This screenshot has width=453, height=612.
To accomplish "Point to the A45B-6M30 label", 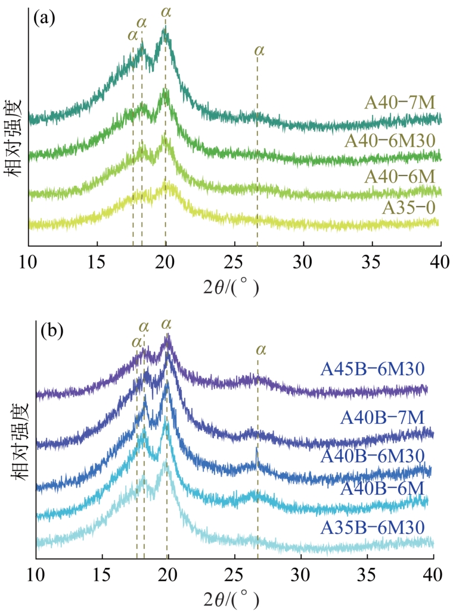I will click(377, 369).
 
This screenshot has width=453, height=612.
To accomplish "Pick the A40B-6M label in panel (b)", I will click(382, 489).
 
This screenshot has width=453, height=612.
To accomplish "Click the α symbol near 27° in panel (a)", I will click(259, 50).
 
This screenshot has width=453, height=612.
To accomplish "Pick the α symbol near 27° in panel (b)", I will click(260, 349).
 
